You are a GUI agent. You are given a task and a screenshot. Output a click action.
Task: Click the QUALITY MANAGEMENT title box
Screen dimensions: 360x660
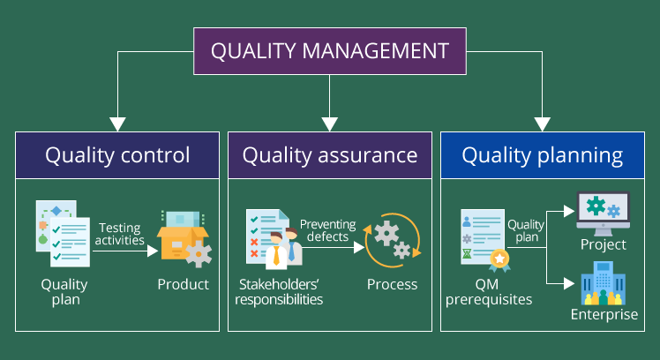(329, 50)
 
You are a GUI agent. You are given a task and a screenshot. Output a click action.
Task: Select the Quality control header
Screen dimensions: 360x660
(117, 156)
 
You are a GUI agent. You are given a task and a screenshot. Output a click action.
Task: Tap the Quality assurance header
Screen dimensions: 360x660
(330, 156)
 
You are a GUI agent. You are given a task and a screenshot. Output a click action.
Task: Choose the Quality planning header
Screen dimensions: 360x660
(543, 156)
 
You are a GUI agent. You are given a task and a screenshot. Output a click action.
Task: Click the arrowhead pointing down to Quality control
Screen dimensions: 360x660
(117, 124)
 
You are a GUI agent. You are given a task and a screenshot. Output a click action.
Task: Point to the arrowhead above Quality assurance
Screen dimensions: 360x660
(330, 124)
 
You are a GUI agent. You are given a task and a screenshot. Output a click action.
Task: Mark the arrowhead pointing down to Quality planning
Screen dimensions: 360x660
(543, 124)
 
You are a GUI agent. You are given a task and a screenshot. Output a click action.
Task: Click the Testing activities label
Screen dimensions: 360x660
(120, 234)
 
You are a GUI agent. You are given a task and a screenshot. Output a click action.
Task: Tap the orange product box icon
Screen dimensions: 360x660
(183, 239)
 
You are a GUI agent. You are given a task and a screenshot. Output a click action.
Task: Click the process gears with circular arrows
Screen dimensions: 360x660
(393, 239)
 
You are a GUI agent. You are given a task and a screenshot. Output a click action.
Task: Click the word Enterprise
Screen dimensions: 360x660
(604, 315)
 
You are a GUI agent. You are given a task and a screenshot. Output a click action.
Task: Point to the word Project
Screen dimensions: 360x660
(604, 244)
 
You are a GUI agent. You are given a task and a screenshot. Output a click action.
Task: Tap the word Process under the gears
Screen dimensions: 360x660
(393, 284)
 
